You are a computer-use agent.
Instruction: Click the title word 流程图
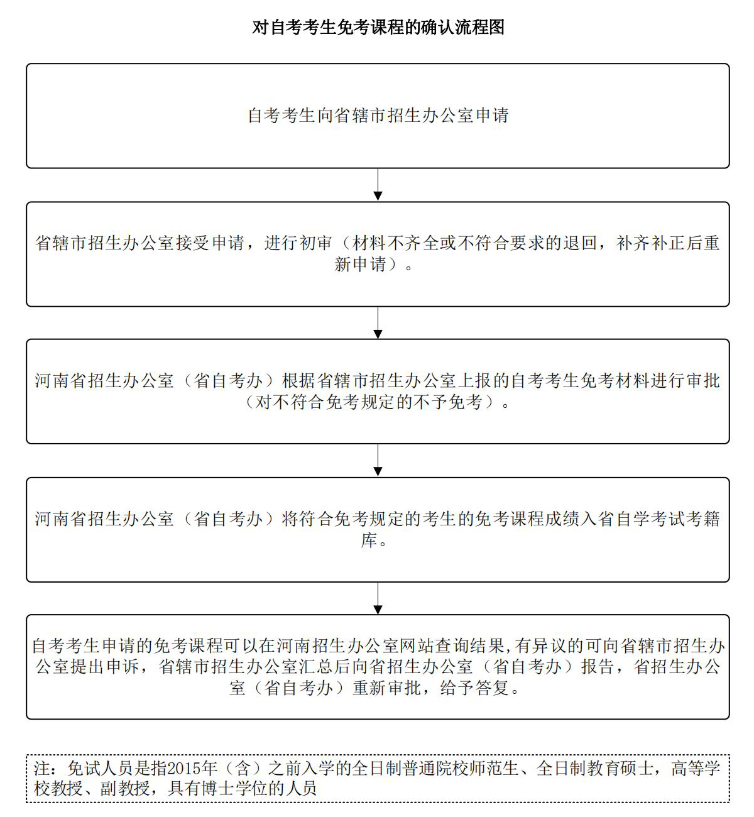(479, 27)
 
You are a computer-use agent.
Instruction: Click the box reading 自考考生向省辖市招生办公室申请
(378, 116)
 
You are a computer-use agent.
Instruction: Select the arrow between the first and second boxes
(378, 185)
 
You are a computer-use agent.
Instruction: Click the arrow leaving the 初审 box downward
(378, 322)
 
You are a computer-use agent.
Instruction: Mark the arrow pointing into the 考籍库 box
(378, 460)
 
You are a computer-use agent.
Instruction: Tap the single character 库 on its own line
(369, 540)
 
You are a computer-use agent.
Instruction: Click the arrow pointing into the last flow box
(378, 598)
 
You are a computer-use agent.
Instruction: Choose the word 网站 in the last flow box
(417, 646)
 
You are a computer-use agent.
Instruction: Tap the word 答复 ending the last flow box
(493, 688)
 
